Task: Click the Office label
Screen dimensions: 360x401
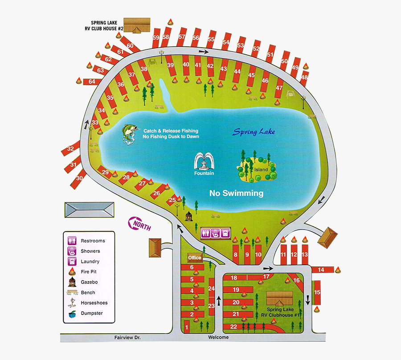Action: [x=195, y=258]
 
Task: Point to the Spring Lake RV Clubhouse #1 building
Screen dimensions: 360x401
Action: [x=279, y=298]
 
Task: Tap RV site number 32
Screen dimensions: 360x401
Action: [x=70, y=149]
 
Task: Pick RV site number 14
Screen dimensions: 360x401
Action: [x=321, y=270]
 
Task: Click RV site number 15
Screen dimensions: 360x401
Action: [x=317, y=292]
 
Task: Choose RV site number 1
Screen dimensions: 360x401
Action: [x=187, y=328]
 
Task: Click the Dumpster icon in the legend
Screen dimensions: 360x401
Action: [x=72, y=314]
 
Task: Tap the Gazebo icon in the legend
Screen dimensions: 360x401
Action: [x=72, y=282]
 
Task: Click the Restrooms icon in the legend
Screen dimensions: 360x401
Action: [x=72, y=241]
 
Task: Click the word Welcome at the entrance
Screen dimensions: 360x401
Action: [x=218, y=337]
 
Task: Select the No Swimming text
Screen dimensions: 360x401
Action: [x=236, y=193]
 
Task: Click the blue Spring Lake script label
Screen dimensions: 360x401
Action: [x=254, y=132]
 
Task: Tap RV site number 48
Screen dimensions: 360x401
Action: [x=304, y=77]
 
